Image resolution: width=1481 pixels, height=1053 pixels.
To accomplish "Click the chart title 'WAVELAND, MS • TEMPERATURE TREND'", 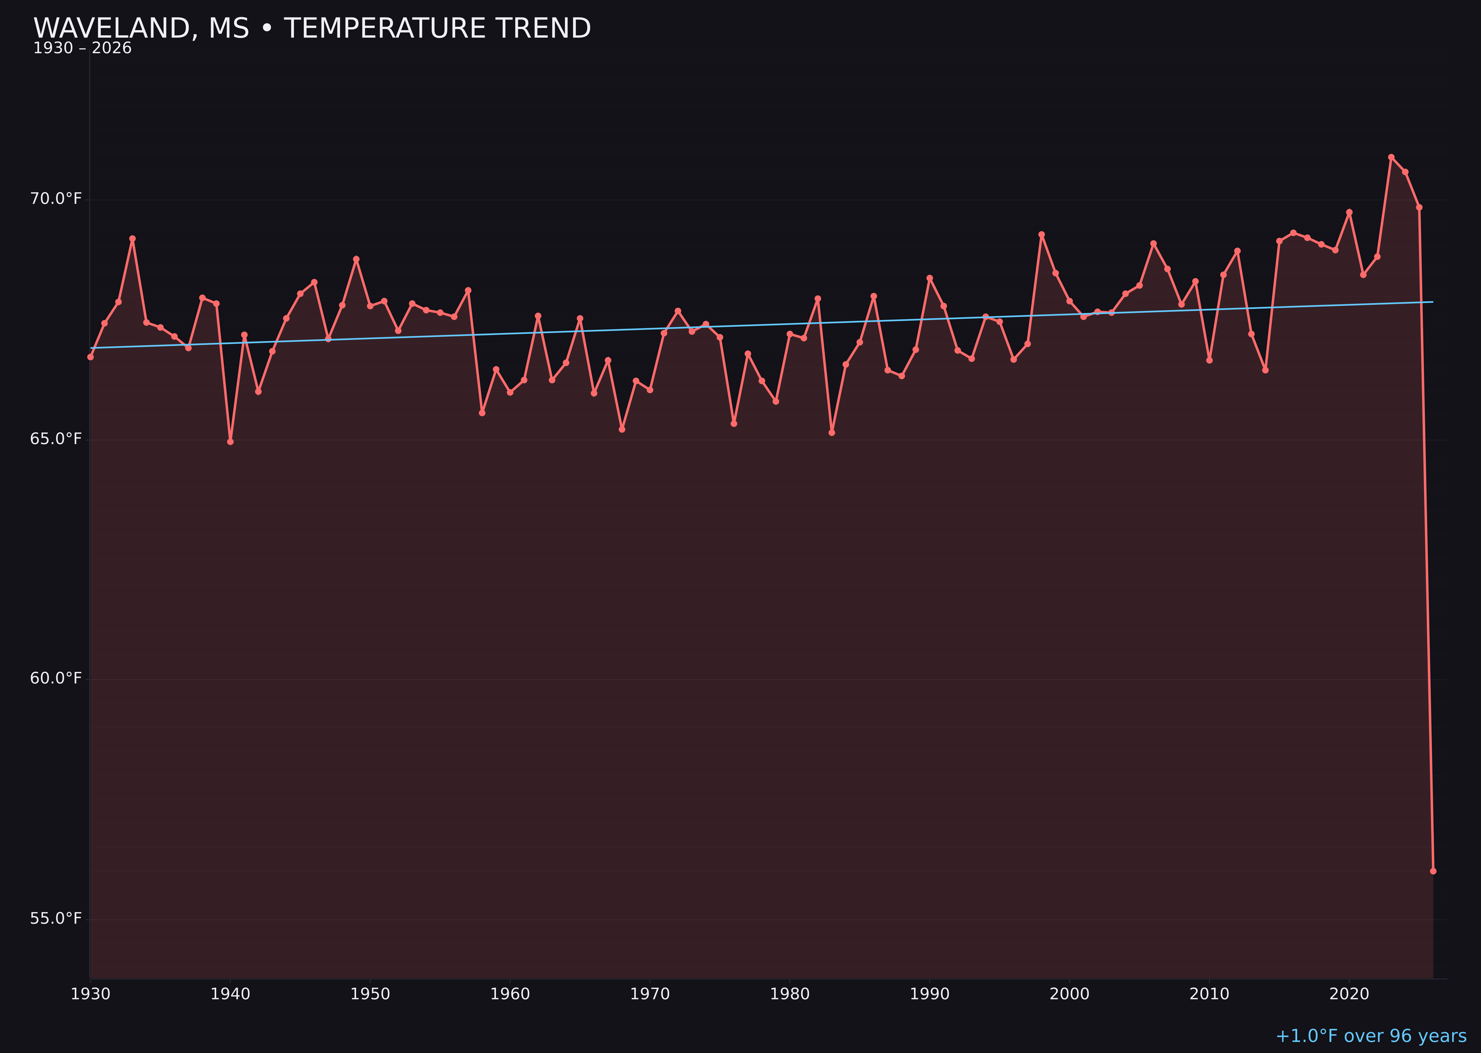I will (x=312, y=29).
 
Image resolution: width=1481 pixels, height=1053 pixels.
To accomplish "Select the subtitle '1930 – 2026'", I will (x=82, y=49).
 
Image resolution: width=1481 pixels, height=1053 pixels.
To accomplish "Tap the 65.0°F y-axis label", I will (x=56, y=439).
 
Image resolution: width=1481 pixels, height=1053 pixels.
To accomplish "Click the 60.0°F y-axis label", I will (x=56, y=678).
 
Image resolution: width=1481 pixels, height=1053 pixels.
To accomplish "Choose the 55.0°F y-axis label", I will (x=56, y=918).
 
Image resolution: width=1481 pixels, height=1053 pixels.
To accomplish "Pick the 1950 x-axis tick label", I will (x=370, y=994).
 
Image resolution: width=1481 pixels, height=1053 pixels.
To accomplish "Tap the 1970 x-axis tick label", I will (x=650, y=994).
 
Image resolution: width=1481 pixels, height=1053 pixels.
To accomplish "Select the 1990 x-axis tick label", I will (x=929, y=994).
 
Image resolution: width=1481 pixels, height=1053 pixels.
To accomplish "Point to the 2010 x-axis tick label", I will (x=1209, y=994).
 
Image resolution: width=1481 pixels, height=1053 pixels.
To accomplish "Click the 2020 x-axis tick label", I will (x=1349, y=994).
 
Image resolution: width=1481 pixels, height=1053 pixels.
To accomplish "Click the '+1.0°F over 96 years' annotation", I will (x=1371, y=1036).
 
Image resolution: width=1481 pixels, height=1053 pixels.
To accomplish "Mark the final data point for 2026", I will (x=1433, y=871).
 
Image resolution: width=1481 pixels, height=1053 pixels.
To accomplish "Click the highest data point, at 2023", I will (x=1391, y=157).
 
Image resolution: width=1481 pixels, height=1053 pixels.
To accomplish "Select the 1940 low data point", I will (x=230, y=442).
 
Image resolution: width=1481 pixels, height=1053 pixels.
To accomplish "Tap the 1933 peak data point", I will (x=132, y=238).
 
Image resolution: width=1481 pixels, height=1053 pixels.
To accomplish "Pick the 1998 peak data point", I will (x=1042, y=235).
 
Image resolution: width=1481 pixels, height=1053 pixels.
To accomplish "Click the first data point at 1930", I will (x=90, y=357).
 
